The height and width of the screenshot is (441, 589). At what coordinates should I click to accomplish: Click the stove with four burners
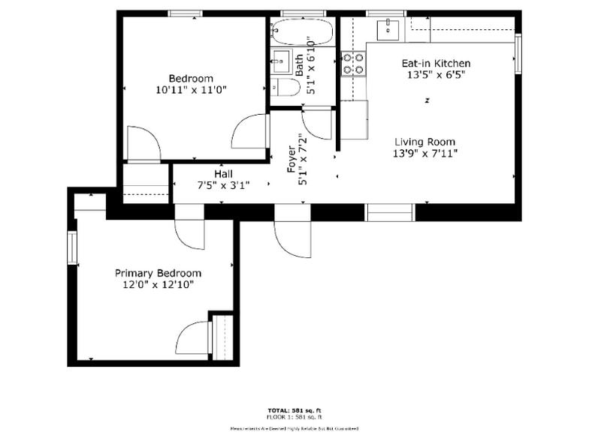pyautogui.click(x=353, y=63)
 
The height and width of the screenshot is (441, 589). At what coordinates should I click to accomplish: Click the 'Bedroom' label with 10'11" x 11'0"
pyautogui.click(x=190, y=78)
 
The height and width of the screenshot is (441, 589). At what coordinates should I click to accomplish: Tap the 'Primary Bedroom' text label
pyautogui.click(x=158, y=273)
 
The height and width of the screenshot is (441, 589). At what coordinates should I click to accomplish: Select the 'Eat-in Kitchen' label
pyautogui.click(x=436, y=64)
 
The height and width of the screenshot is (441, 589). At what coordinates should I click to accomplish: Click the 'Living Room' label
pyautogui.click(x=425, y=142)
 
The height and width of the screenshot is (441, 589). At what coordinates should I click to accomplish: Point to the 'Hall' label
pyautogui.click(x=223, y=173)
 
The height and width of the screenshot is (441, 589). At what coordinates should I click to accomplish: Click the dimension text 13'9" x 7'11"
pyautogui.click(x=425, y=153)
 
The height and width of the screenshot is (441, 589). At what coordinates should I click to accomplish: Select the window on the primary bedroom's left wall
pyautogui.click(x=72, y=249)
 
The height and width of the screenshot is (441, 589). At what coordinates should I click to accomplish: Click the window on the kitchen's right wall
pyautogui.click(x=518, y=54)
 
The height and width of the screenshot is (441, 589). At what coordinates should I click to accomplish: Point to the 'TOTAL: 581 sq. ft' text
pyautogui.click(x=294, y=410)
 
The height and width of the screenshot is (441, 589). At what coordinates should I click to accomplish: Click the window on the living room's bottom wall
pyautogui.click(x=390, y=212)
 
